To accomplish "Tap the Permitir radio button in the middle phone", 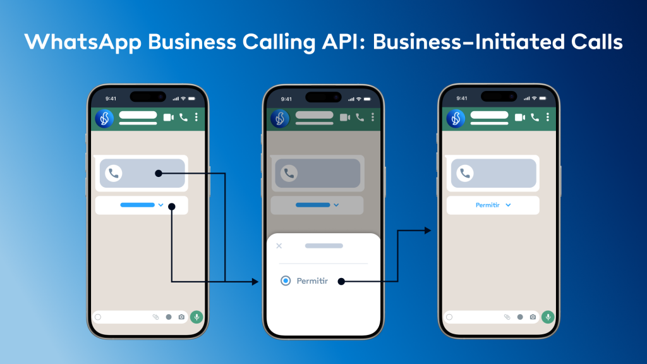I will [286, 281].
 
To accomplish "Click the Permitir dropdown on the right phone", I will [493, 205].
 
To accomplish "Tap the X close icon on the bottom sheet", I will [279, 246].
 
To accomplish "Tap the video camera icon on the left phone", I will [168, 118].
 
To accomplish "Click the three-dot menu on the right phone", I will [548, 118].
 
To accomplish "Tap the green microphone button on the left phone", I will [197, 317].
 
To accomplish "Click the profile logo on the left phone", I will [104, 118].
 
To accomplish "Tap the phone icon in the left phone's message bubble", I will [114, 173].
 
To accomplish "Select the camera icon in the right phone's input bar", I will [533, 317].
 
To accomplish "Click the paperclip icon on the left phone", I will [155, 317].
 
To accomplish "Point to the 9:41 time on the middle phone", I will [286, 99].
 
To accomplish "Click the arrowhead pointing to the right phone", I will [428, 231].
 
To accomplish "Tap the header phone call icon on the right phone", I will [535, 118].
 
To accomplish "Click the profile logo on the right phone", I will [456, 118].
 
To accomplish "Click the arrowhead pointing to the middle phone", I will [255, 281].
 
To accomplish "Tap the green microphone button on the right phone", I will [548, 317].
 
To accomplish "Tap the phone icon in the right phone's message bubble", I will [466, 173].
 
